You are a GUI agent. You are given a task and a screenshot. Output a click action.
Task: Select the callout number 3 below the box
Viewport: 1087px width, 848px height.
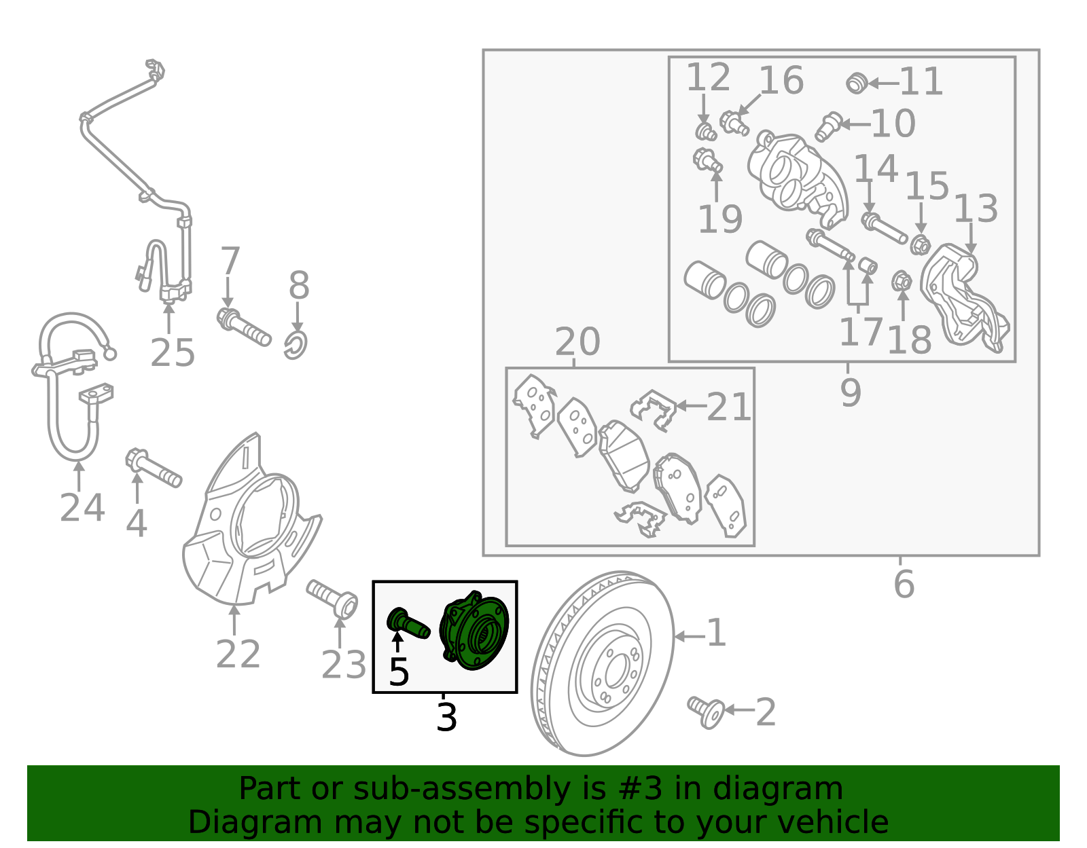coord(446,718)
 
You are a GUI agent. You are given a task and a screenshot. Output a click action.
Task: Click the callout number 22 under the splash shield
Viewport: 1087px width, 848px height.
coord(238,655)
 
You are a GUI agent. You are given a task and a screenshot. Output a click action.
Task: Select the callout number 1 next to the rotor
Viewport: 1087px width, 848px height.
coord(716,633)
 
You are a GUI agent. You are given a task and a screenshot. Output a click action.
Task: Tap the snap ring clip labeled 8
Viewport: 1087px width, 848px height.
coord(296,344)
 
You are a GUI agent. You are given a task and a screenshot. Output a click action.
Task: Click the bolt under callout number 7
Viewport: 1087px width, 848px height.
coord(244,327)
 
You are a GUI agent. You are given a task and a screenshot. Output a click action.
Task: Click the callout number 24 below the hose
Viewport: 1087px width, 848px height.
coord(82,508)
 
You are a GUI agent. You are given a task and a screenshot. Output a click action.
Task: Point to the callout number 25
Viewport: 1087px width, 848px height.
coord(173,353)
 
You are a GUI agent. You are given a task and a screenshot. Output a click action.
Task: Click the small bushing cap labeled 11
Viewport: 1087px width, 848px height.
coord(857,84)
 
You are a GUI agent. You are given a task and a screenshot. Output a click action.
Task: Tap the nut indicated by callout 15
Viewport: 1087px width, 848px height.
coord(920,244)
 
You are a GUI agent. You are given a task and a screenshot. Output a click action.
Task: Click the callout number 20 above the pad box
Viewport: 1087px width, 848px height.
coord(577,342)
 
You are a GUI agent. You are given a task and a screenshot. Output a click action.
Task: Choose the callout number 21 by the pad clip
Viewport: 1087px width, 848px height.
coord(728,407)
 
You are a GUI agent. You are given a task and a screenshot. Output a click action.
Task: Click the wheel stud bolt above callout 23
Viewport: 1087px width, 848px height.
coord(333,598)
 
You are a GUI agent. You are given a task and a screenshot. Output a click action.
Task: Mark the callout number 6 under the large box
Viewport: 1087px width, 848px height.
coord(904,585)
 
